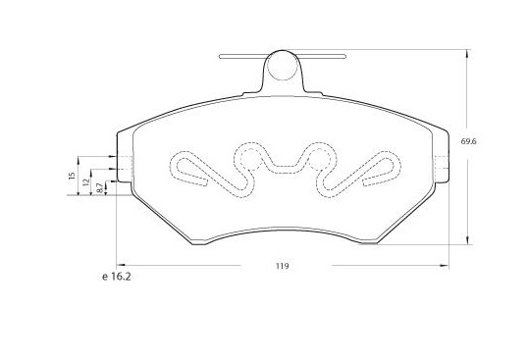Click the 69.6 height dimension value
pyautogui.click(x=468, y=141)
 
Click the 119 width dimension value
pyautogui.click(x=283, y=266)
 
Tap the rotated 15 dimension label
pyautogui.click(x=72, y=176)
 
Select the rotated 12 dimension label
pyautogui.click(x=86, y=182)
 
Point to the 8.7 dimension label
pyautogui.click(x=99, y=187)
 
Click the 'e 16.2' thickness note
pyautogui.click(x=116, y=277)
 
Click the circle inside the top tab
pyautogui.click(x=283, y=66)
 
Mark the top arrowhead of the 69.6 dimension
pyautogui.click(x=467, y=54)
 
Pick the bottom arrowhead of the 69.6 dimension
pyautogui.click(x=467, y=239)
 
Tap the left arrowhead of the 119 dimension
pyautogui.click(x=121, y=265)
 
